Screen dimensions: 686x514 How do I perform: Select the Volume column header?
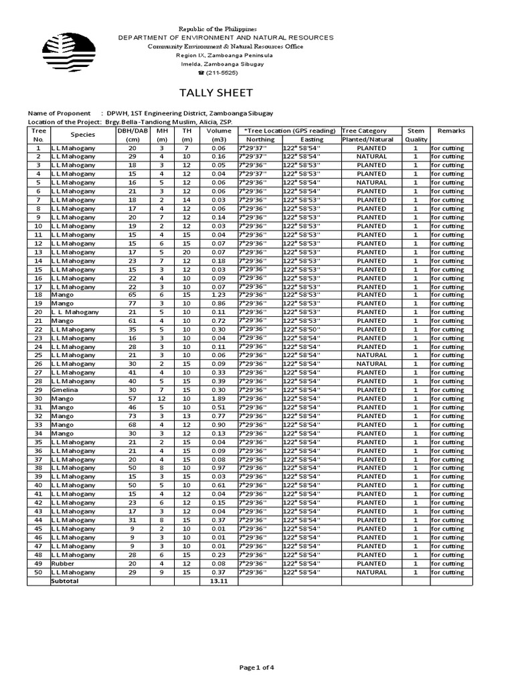(218, 135)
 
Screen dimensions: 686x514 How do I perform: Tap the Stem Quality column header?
(416, 135)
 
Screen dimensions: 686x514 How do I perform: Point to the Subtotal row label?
(65, 581)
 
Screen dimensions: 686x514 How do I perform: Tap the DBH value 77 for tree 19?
(132, 303)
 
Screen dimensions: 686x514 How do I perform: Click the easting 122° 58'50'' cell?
(302, 329)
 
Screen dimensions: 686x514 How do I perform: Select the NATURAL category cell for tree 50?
(371, 573)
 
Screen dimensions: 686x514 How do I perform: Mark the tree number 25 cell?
(39, 355)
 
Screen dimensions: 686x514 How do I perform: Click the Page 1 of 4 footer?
(256, 667)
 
